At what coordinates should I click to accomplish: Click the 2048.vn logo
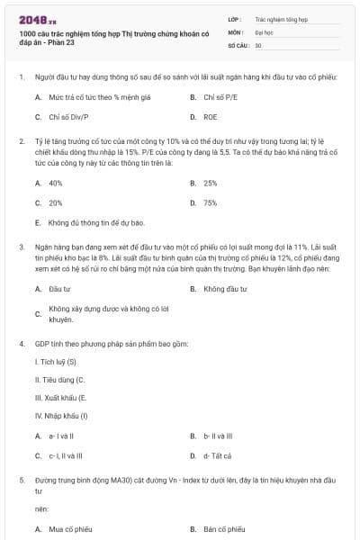coord(37,19)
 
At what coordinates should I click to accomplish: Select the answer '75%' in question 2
coord(211,202)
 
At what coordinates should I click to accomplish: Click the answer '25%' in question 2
coord(211,183)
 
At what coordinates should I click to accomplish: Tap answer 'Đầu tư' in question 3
coord(60,289)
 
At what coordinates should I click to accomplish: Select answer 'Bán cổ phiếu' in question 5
coord(224,529)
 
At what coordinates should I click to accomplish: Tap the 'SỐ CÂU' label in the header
coord(238,44)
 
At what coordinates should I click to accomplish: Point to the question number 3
coord(21,246)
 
